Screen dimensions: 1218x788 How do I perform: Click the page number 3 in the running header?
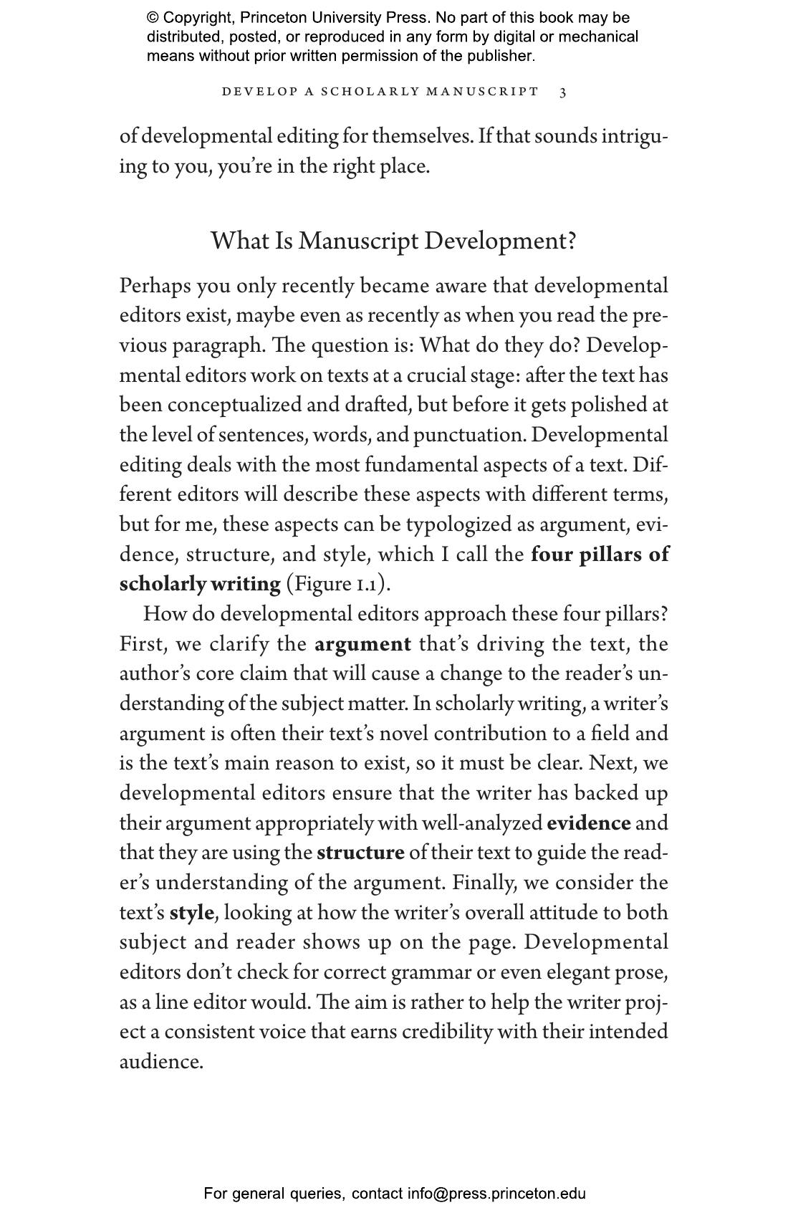[563, 92]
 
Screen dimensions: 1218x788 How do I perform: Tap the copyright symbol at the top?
[153, 18]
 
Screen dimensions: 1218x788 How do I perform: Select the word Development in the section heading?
[499, 241]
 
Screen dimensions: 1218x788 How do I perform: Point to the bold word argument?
[362, 644]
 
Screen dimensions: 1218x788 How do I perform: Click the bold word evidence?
[588, 823]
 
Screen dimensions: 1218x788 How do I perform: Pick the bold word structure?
[360, 853]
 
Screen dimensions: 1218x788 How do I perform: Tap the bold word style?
[191, 913]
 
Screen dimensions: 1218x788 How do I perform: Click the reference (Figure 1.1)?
[338, 584]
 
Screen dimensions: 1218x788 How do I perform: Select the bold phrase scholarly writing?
[200, 584]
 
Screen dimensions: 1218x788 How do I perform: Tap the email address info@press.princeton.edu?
[496, 1194]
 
